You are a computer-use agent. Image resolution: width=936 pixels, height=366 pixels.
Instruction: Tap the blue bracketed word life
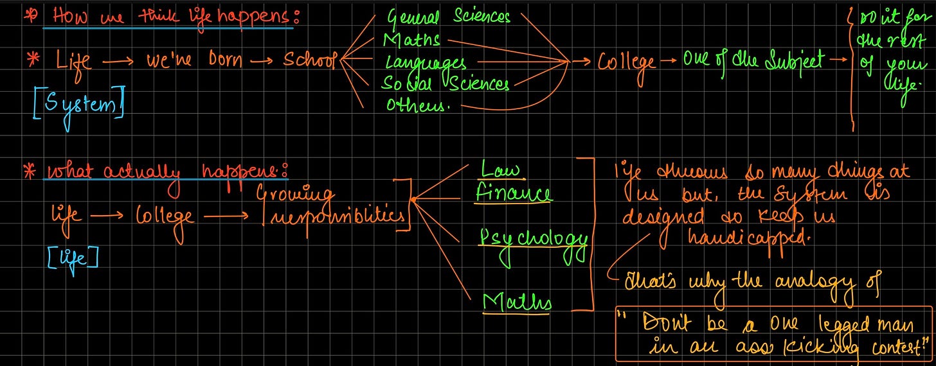click(x=73, y=258)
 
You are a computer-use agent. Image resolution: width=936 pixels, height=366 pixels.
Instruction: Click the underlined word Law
click(x=501, y=170)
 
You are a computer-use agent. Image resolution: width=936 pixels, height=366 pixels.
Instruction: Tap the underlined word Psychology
click(x=534, y=240)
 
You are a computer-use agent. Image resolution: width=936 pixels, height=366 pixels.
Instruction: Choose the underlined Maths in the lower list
click(x=517, y=301)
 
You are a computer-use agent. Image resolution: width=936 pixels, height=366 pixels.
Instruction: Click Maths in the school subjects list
click(x=411, y=40)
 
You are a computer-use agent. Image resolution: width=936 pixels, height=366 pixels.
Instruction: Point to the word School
click(x=310, y=61)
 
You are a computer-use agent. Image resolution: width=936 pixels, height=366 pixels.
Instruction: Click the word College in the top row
click(x=627, y=63)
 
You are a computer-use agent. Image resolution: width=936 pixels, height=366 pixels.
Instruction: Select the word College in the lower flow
click(x=165, y=216)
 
